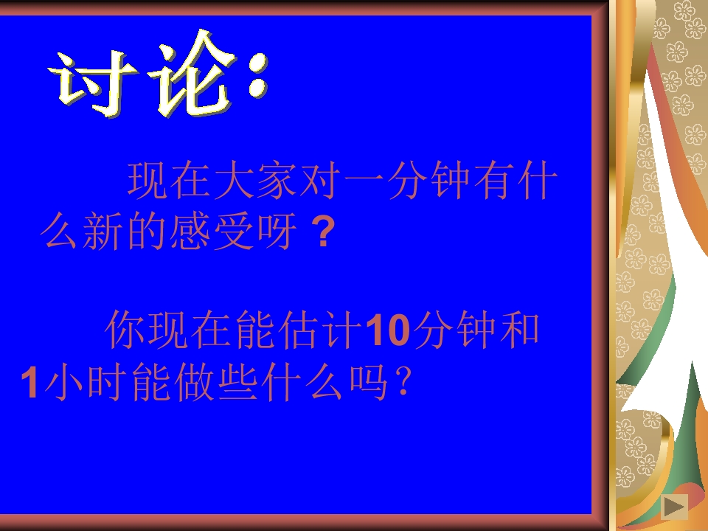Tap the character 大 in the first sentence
234,181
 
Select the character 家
277,181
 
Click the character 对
319,181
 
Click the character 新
105,232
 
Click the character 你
125,330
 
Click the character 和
519,330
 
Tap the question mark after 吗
402,383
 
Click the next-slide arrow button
673,507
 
